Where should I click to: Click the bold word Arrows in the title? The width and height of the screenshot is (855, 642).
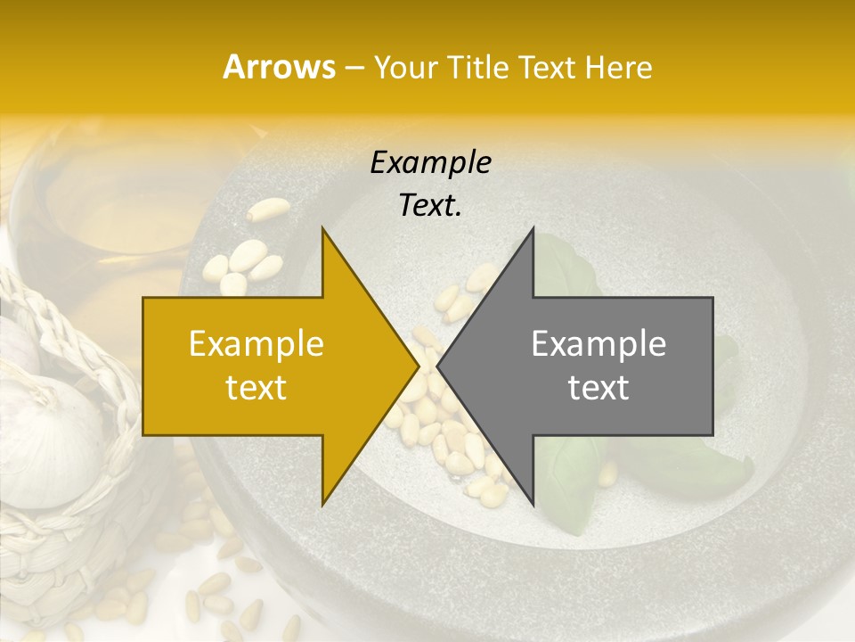pyautogui.click(x=279, y=67)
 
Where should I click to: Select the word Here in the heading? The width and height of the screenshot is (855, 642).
pyautogui.click(x=619, y=67)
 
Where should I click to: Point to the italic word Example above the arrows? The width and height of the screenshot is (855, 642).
pyautogui.click(x=430, y=163)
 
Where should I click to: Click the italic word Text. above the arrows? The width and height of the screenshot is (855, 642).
pyautogui.click(x=430, y=206)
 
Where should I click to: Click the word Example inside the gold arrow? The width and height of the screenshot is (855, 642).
pyautogui.click(x=256, y=344)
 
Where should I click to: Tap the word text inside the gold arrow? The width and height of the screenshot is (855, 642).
pyautogui.click(x=256, y=388)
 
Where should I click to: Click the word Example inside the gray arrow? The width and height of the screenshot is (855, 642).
pyautogui.click(x=598, y=344)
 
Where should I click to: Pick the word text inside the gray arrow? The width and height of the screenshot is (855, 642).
pyautogui.click(x=598, y=388)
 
